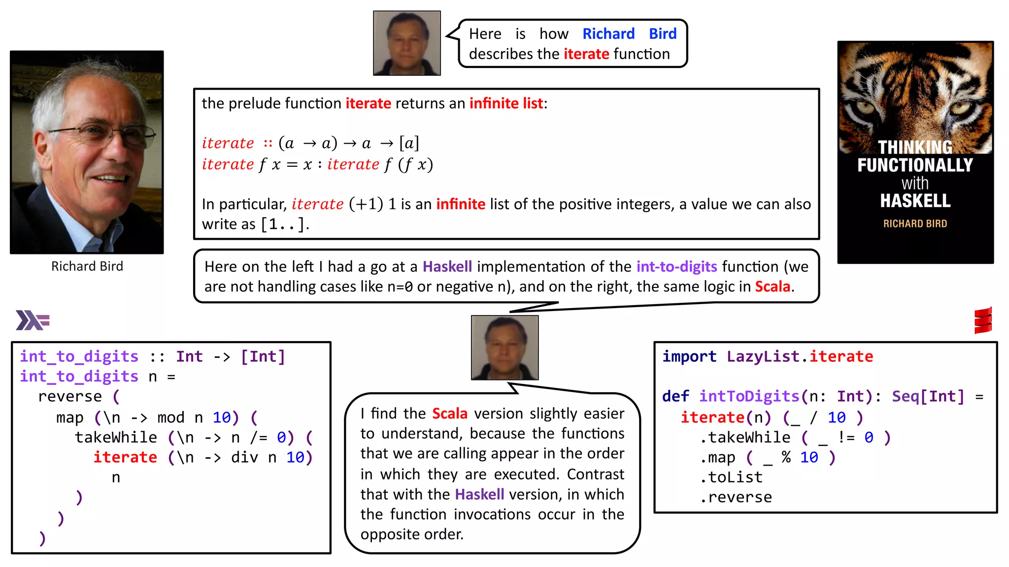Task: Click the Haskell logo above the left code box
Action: (x=33, y=320)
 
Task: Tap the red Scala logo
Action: (x=983, y=321)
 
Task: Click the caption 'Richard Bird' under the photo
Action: (x=87, y=266)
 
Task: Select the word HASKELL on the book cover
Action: (x=915, y=201)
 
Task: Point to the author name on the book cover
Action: (x=915, y=223)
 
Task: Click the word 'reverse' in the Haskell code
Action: (x=70, y=397)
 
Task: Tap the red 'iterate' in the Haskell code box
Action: (x=125, y=457)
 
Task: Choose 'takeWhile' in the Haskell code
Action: (x=116, y=438)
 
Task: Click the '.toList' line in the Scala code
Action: (x=731, y=477)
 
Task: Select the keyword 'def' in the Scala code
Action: (x=675, y=397)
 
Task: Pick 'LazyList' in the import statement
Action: (x=763, y=356)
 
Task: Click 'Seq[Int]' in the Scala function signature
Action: (x=928, y=397)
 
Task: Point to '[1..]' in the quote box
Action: (x=284, y=225)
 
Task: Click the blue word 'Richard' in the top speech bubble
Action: (x=608, y=33)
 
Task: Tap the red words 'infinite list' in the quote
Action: (x=506, y=103)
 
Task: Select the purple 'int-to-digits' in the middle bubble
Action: (x=676, y=267)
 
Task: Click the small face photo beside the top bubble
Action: (x=407, y=43)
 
